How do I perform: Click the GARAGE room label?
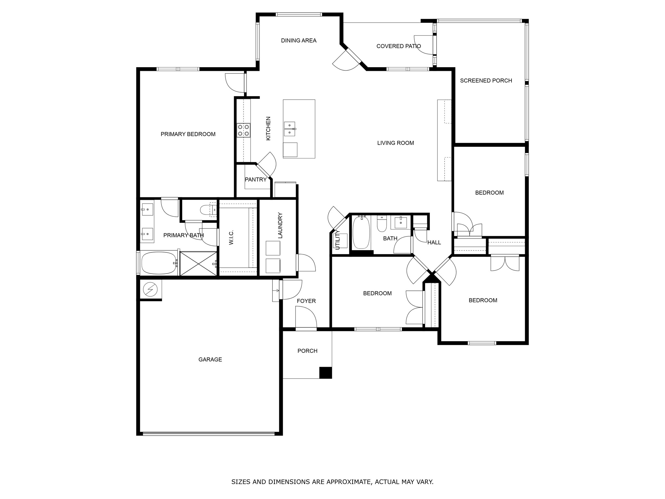click(x=210, y=359)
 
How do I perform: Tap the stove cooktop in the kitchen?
click(x=243, y=130)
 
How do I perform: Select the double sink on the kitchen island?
click(x=289, y=129)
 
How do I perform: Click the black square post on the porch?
click(x=325, y=372)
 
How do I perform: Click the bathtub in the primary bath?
click(x=159, y=263)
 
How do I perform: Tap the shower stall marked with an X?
click(x=198, y=263)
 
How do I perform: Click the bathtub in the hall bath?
click(x=361, y=233)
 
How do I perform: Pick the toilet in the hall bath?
click(x=382, y=224)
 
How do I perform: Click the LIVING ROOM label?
click(x=395, y=143)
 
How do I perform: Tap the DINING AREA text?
click(x=298, y=41)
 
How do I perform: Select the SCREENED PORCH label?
click(x=486, y=81)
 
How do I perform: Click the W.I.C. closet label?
click(x=231, y=237)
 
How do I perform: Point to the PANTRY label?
click(x=256, y=180)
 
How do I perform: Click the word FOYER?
click(x=306, y=301)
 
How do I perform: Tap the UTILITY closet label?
click(x=337, y=240)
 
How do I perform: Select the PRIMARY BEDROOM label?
click(x=188, y=134)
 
